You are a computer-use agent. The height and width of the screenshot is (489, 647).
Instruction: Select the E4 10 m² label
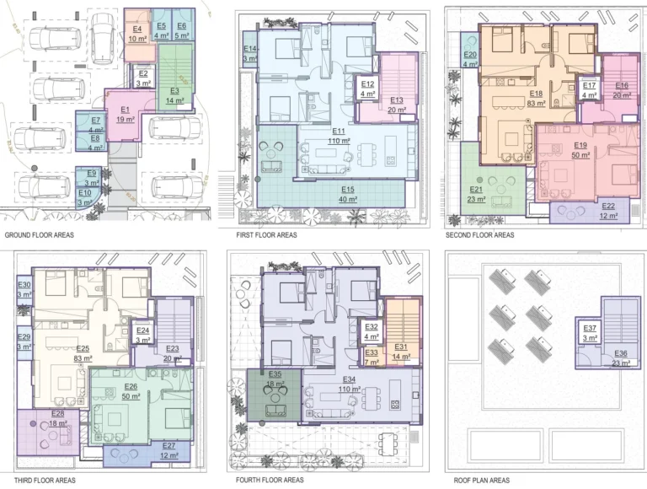coord(137,34)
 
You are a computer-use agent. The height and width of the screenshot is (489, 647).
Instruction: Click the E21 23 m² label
coord(477,195)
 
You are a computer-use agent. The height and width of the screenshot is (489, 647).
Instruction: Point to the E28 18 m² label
coord(57,419)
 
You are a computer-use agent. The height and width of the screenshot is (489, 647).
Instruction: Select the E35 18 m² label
coord(275,379)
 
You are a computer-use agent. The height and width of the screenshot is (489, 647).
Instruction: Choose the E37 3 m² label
coord(590,333)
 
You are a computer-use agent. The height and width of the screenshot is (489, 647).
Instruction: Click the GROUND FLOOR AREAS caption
coord(39,238)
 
